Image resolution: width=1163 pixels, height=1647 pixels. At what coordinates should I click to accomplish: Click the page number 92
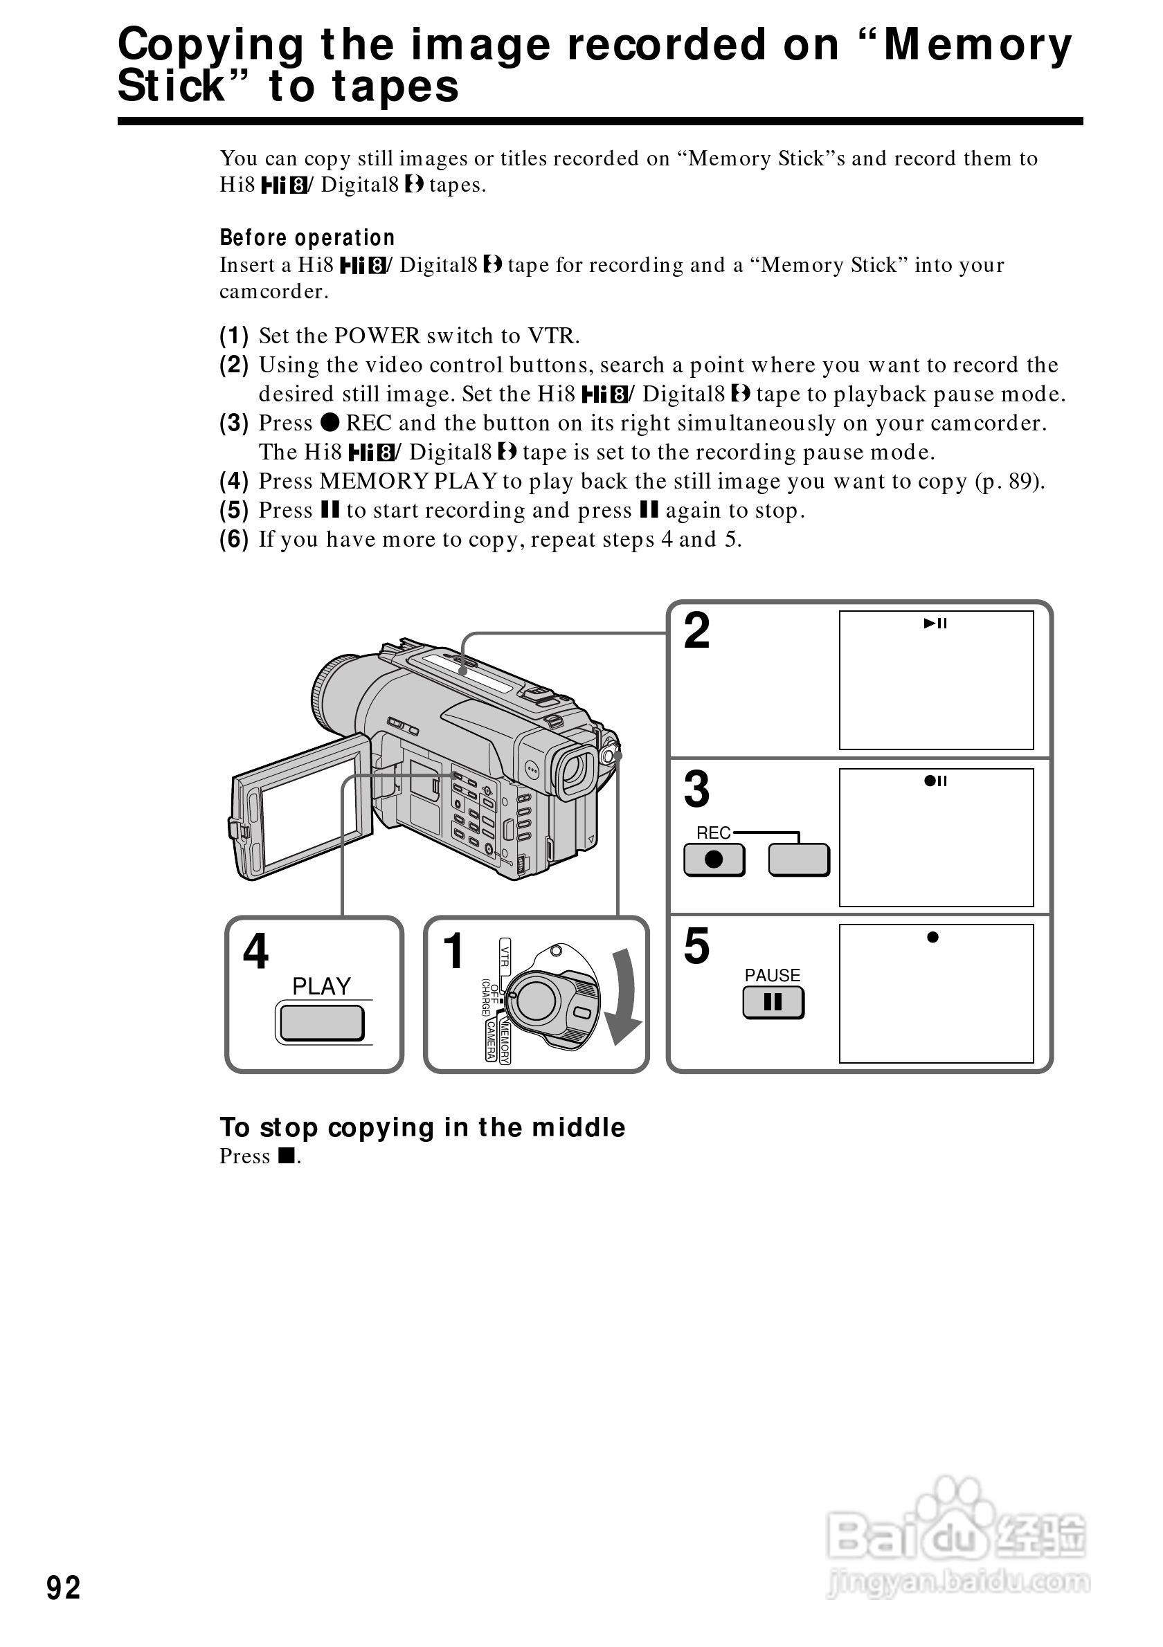[x=63, y=1587]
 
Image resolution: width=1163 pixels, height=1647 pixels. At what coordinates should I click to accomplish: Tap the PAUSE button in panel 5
[x=773, y=1002]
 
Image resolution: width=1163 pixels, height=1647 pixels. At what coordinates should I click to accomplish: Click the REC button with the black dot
[x=714, y=859]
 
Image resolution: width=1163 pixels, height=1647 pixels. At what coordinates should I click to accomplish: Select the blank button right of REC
[x=799, y=859]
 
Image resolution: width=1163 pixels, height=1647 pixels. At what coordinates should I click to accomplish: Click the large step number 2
[x=696, y=630]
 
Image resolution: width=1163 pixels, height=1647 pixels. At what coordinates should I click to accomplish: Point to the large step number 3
[x=696, y=789]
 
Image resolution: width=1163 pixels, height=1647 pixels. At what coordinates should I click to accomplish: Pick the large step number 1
[x=453, y=950]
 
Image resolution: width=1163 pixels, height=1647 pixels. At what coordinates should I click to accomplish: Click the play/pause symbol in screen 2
[x=935, y=624]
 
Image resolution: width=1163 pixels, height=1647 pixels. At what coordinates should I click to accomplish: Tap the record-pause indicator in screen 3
[x=935, y=781]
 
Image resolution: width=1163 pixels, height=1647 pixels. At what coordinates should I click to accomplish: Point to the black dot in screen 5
[x=932, y=937]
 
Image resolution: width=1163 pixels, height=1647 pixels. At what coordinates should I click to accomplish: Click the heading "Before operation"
[x=307, y=237]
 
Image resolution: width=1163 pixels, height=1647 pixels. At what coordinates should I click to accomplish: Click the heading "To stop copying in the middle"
[x=422, y=1127]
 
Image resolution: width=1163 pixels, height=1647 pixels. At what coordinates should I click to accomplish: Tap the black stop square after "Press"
[x=287, y=1156]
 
